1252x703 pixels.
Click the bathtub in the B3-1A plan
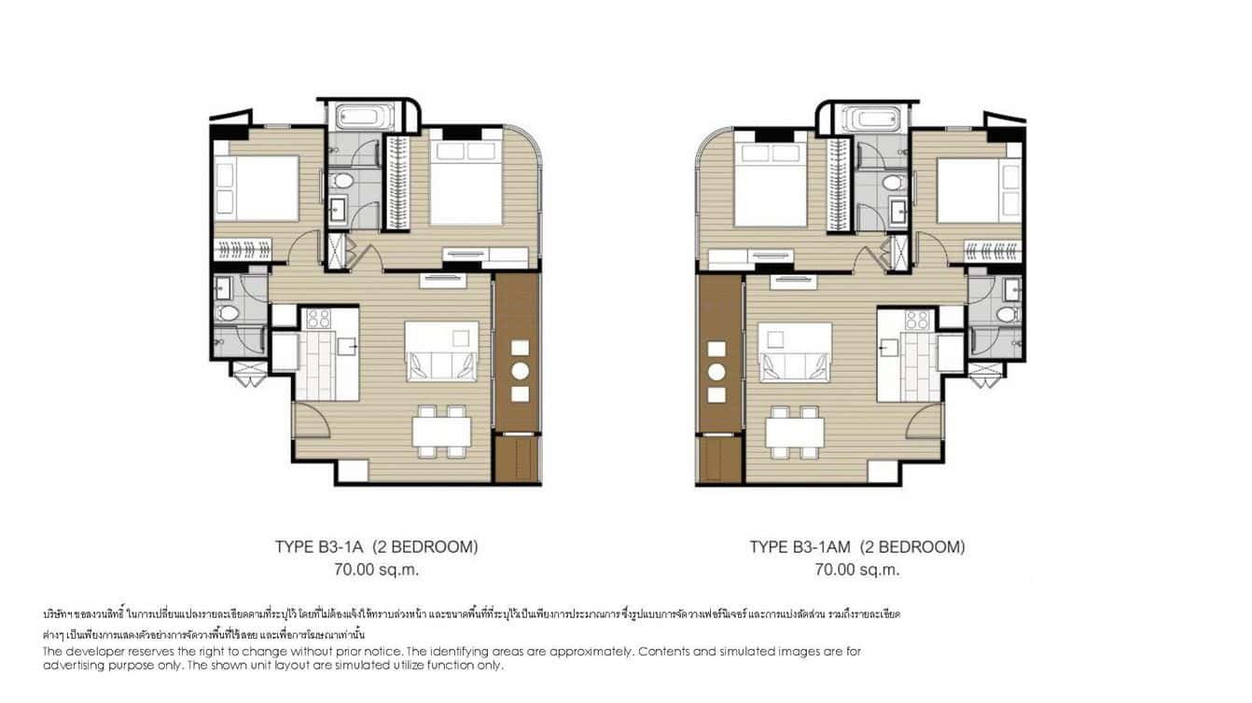click(x=366, y=117)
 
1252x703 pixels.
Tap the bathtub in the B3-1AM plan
click(x=871, y=117)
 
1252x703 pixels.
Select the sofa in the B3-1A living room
click(x=441, y=363)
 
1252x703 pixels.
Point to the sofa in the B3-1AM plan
click(x=795, y=363)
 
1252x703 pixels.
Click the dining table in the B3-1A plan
click(x=441, y=431)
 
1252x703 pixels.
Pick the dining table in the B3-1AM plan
click(x=795, y=431)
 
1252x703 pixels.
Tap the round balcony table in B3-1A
click(x=520, y=371)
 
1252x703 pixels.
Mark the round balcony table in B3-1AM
click(x=717, y=371)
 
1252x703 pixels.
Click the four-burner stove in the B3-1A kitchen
click(x=318, y=319)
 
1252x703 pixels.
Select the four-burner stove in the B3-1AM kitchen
click(x=918, y=319)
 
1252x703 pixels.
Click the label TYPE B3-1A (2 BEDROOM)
click(x=376, y=547)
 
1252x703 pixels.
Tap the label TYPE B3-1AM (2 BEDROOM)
click(x=857, y=547)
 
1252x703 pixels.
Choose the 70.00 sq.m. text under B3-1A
click(x=376, y=569)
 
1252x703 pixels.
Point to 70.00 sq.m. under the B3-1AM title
click(x=857, y=569)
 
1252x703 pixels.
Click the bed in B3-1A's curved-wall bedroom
click(x=466, y=191)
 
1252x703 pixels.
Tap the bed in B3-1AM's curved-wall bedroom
click(x=771, y=191)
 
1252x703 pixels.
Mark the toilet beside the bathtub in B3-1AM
click(x=894, y=180)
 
